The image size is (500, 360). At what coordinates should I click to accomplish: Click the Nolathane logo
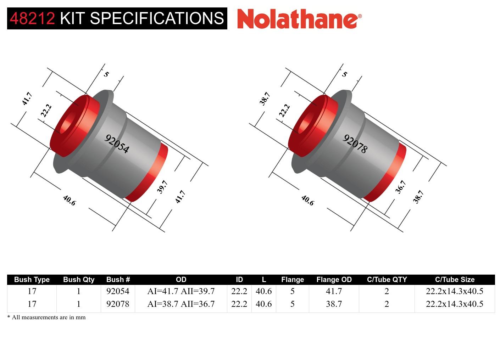pyautogui.click(x=299, y=18)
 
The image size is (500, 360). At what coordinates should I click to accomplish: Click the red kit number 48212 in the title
pyautogui.click(x=32, y=18)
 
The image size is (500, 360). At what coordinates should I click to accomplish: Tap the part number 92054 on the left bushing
pyautogui.click(x=117, y=144)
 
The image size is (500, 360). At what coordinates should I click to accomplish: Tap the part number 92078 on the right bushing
pyautogui.click(x=355, y=144)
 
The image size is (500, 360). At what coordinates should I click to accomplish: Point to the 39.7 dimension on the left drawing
pyautogui.click(x=162, y=187)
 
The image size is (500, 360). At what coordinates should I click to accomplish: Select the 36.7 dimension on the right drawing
pyautogui.click(x=400, y=187)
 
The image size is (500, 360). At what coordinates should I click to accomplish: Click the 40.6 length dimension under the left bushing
pyautogui.click(x=69, y=201)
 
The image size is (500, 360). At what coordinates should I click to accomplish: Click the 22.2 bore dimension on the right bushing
pyautogui.click(x=284, y=110)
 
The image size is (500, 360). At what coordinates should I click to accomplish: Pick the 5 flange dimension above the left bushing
pyautogui.click(x=106, y=74)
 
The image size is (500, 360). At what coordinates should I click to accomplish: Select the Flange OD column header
pyautogui.click(x=334, y=280)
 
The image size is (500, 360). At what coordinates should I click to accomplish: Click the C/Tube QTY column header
pyautogui.click(x=387, y=280)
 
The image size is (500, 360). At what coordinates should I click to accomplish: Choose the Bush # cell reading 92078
pyautogui.click(x=118, y=304)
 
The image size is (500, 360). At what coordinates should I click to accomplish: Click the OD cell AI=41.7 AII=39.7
pyautogui.click(x=181, y=291)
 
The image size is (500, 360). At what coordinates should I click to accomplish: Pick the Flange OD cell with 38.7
pyautogui.click(x=334, y=304)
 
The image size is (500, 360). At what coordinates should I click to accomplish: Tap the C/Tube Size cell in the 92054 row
pyautogui.click(x=454, y=291)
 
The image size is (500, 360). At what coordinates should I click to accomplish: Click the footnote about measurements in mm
pyautogui.click(x=46, y=317)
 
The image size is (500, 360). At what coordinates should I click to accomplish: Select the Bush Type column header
pyautogui.click(x=32, y=280)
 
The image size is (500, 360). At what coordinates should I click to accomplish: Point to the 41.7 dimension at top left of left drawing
pyautogui.click(x=27, y=99)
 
